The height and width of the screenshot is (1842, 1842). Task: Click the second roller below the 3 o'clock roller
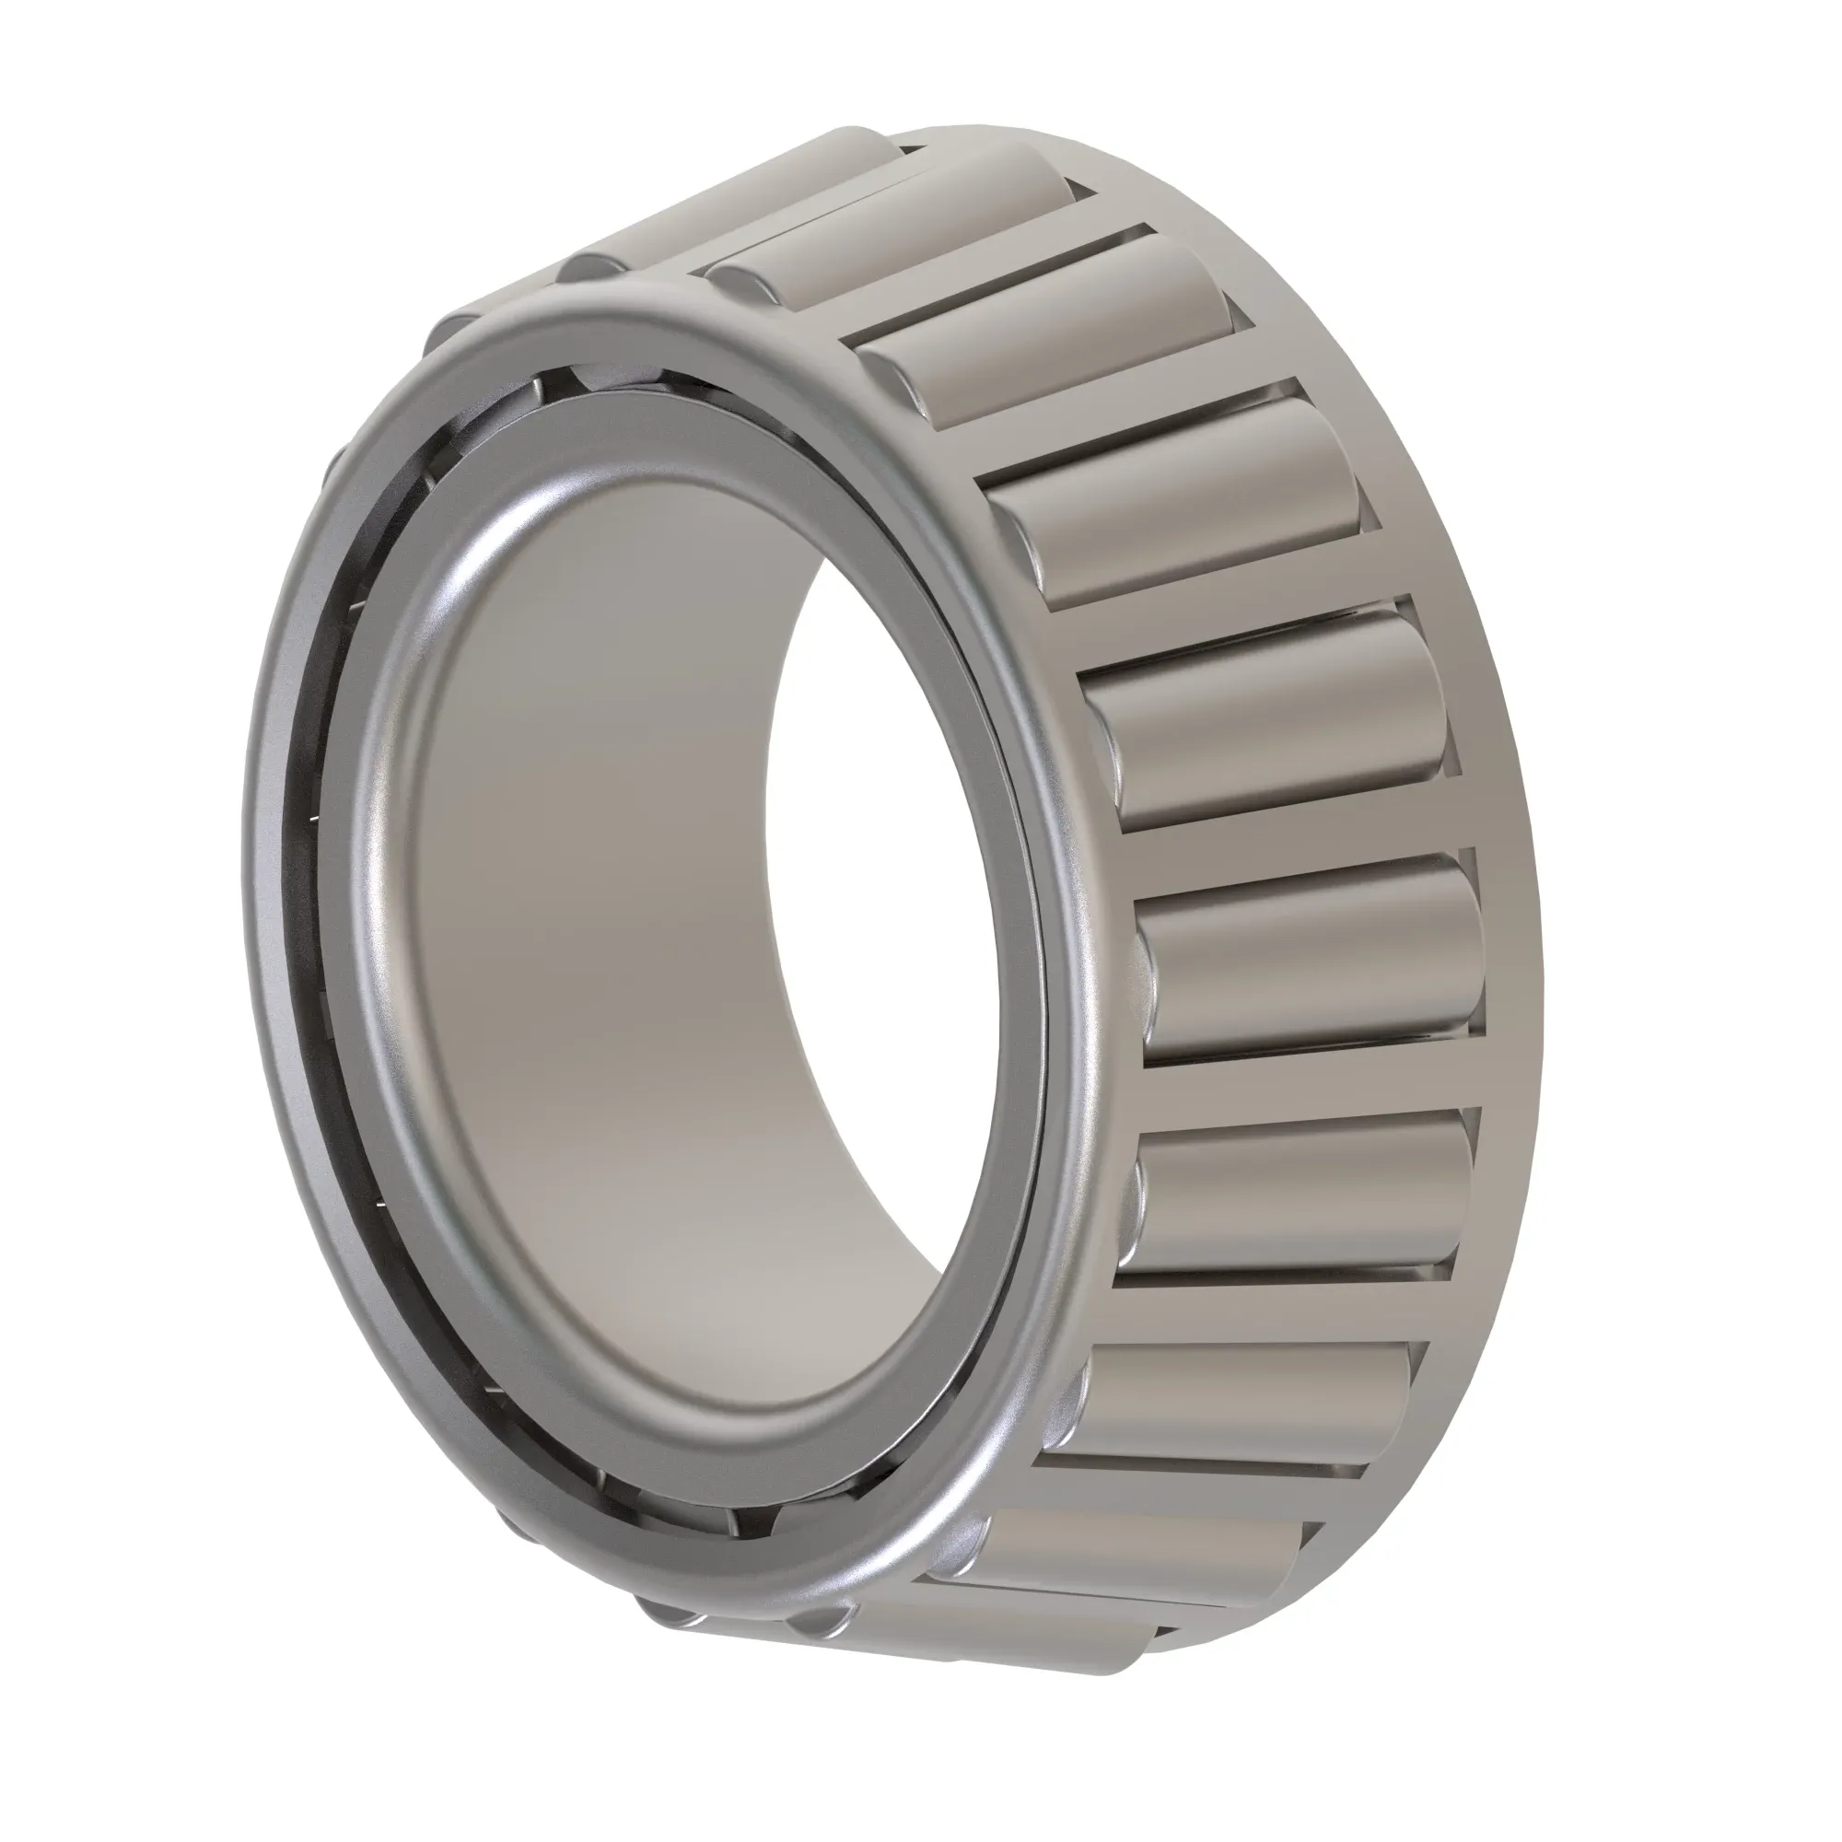pyautogui.click(x=1249, y=1402)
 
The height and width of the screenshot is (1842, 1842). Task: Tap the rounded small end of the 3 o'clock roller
pyautogui.click(x=1148, y=963)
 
